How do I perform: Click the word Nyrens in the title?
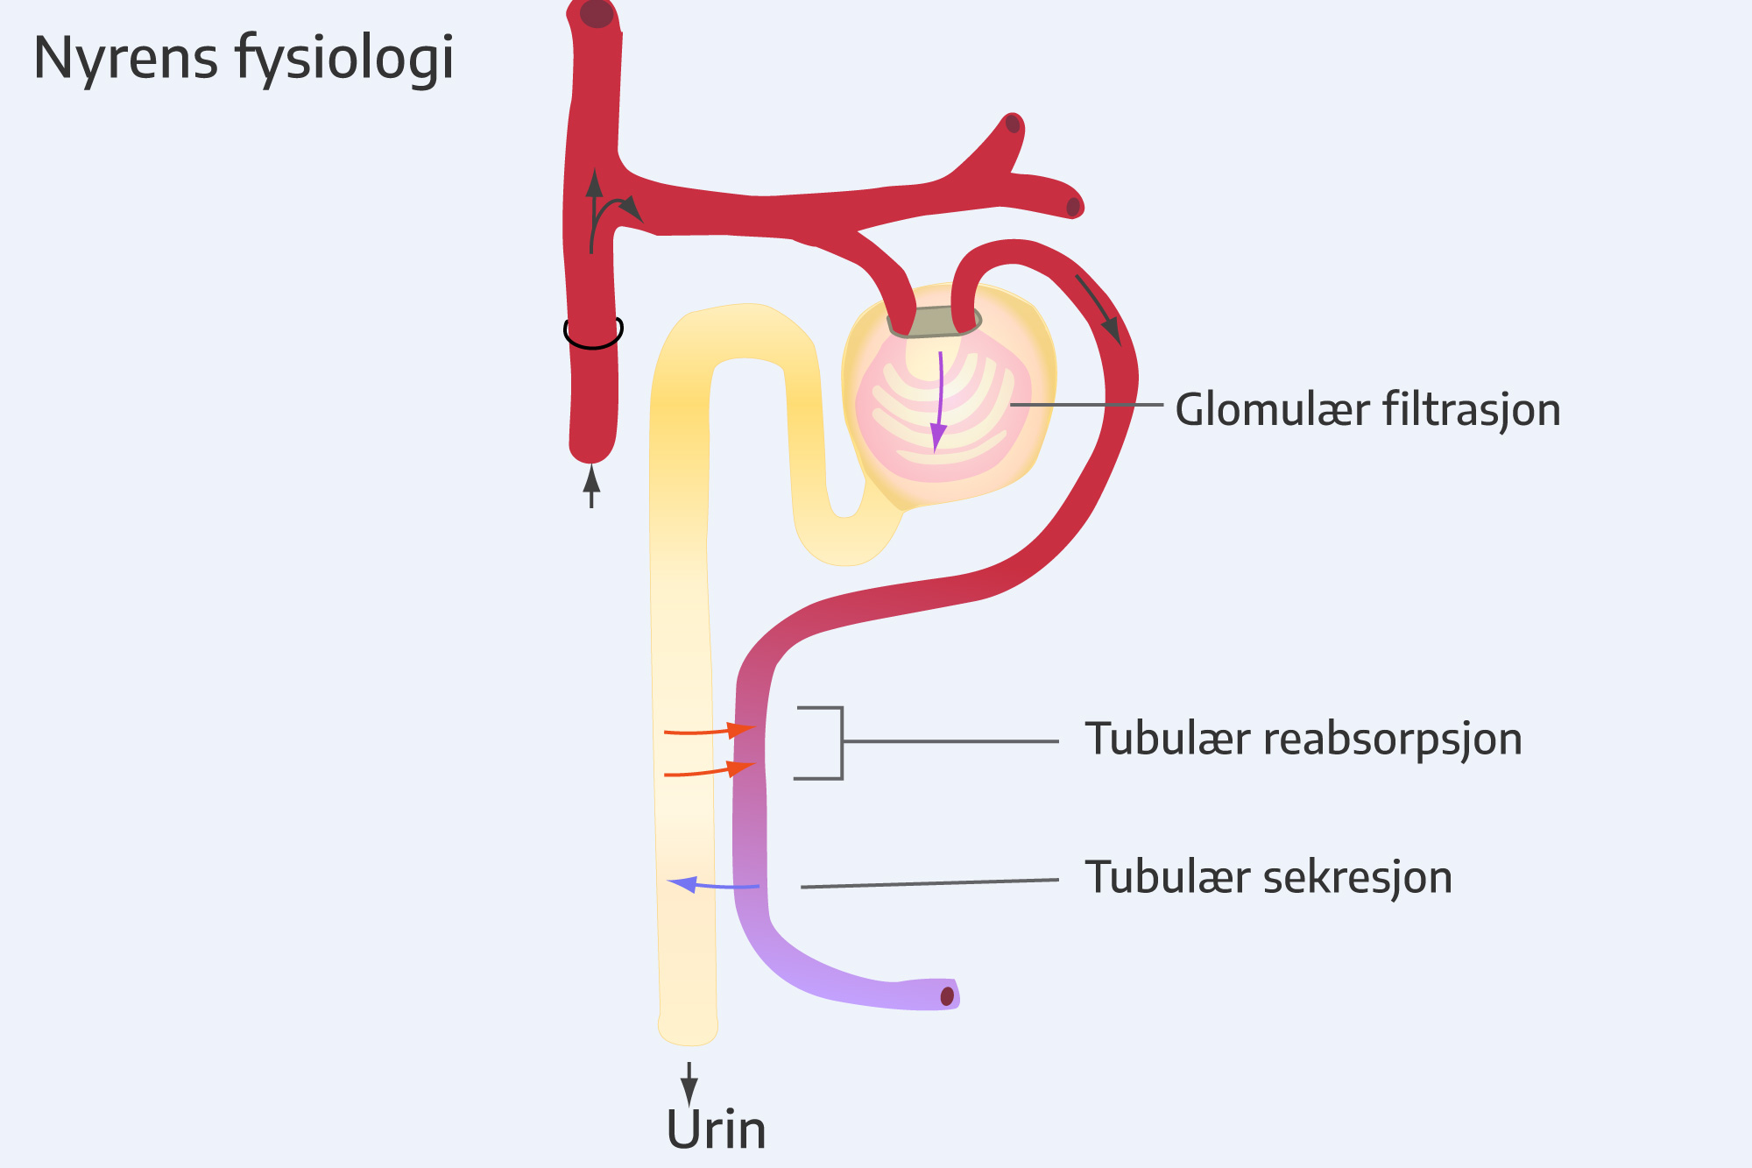(x=125, y=58)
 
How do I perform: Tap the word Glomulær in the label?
(x=1272, y=409)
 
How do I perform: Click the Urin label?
(x=716, y=1129)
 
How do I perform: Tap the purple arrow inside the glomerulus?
(x=939, y=403)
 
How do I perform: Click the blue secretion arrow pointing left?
(x=711, y=885)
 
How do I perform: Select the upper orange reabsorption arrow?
(x=710, y=730)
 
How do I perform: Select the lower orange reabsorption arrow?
(x=710, y=771)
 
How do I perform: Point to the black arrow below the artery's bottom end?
(x=591, y=487)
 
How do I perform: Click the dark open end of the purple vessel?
(x=947, y=996)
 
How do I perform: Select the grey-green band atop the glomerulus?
(x=933, y=322)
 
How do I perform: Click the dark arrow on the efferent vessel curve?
(x=1099, y=308)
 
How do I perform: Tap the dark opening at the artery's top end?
(x=597, y=13)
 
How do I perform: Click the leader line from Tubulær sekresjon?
(x=929, y=883)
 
